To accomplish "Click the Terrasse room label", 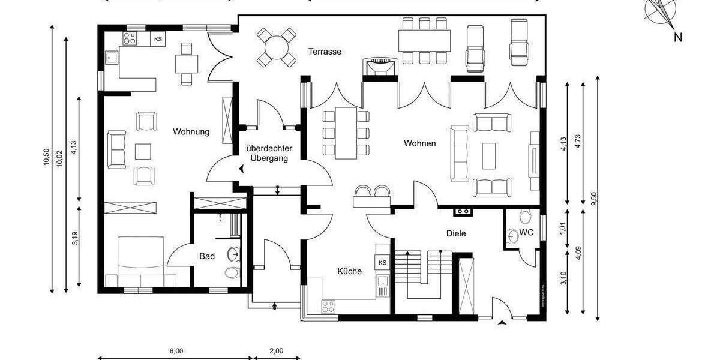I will [x=325, y=52].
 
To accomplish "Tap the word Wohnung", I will [x=191, y=132].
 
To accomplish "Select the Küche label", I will [x=349, y=271].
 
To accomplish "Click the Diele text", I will [x=455, y=233].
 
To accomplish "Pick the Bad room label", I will [x=207, y=256].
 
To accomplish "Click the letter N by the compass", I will [x=677, y=37].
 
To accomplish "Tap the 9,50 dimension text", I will [x=593, y=198].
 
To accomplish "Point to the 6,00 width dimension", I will [x=176, y=351].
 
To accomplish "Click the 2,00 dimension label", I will [x=276, y=351].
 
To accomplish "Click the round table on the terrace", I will [x=277, y=47].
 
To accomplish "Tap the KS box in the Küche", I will [x=382, y=263].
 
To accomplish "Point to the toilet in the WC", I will [x=526, y=217].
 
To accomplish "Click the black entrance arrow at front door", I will [x=502, y=324].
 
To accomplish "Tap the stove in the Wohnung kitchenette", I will [x=129, y=38].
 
